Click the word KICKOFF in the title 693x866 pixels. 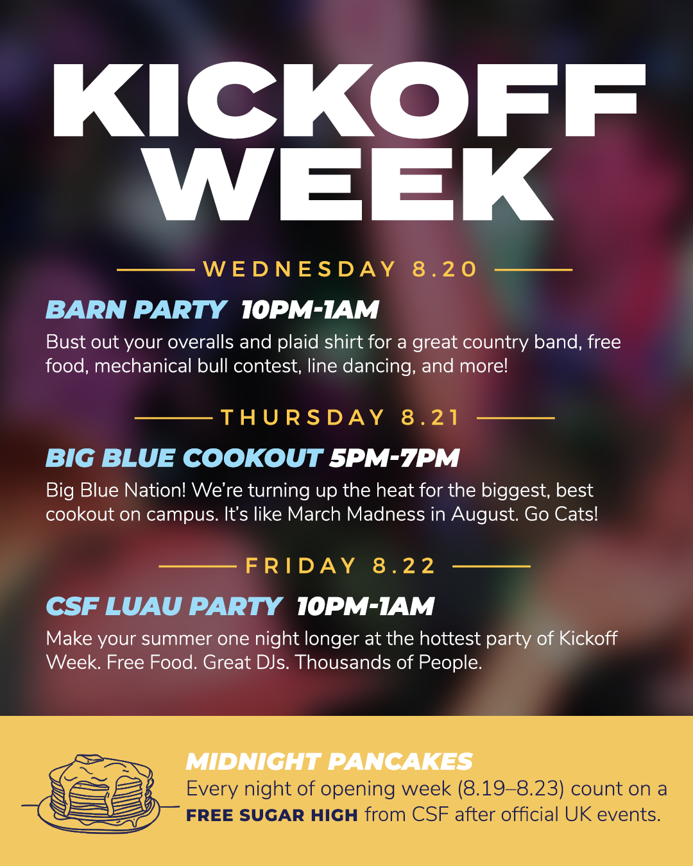click(x=348, y=100)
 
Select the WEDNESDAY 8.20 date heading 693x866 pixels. click(x=340, y=269)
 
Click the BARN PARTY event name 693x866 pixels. click(x=136, y=309)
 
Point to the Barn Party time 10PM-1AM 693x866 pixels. click(x=310, y=310)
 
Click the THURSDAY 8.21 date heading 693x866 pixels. click(x=340, y=418)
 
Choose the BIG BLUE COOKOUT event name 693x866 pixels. click(x=184, y=458)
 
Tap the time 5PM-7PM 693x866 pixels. click(x=394, y=458)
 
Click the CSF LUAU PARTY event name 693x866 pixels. click(x=164, y=606)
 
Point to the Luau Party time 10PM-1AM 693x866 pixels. click(x=366, y=606)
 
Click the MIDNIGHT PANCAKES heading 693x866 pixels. click(x=329, y=761)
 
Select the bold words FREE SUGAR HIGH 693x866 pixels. click(x=272, y=815)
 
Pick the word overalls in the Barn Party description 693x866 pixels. click(x=201, y=342)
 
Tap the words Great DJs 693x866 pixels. click(x=246, y=663)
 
